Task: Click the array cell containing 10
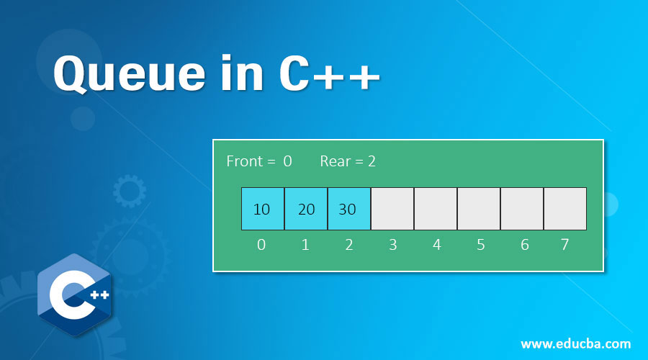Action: pos(263,209)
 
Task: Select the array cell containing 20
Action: pos(306,209)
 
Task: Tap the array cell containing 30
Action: pos(349,209)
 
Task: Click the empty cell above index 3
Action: pos(392,209)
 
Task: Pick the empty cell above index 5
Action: pos(479,209)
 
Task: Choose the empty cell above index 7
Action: pos(565,209)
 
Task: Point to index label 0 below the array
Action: pos(261,245)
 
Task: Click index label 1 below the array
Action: pos(305,245)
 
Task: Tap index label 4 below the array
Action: pos(436,245)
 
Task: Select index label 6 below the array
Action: pos(524,245)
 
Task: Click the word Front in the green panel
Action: pos(245,161)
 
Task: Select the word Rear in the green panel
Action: pos(335,161)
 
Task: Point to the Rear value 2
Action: pos(372,161)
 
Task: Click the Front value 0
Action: pos(287,161)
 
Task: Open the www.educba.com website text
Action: pos(575,343)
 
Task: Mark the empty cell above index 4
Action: pos(436,209)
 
